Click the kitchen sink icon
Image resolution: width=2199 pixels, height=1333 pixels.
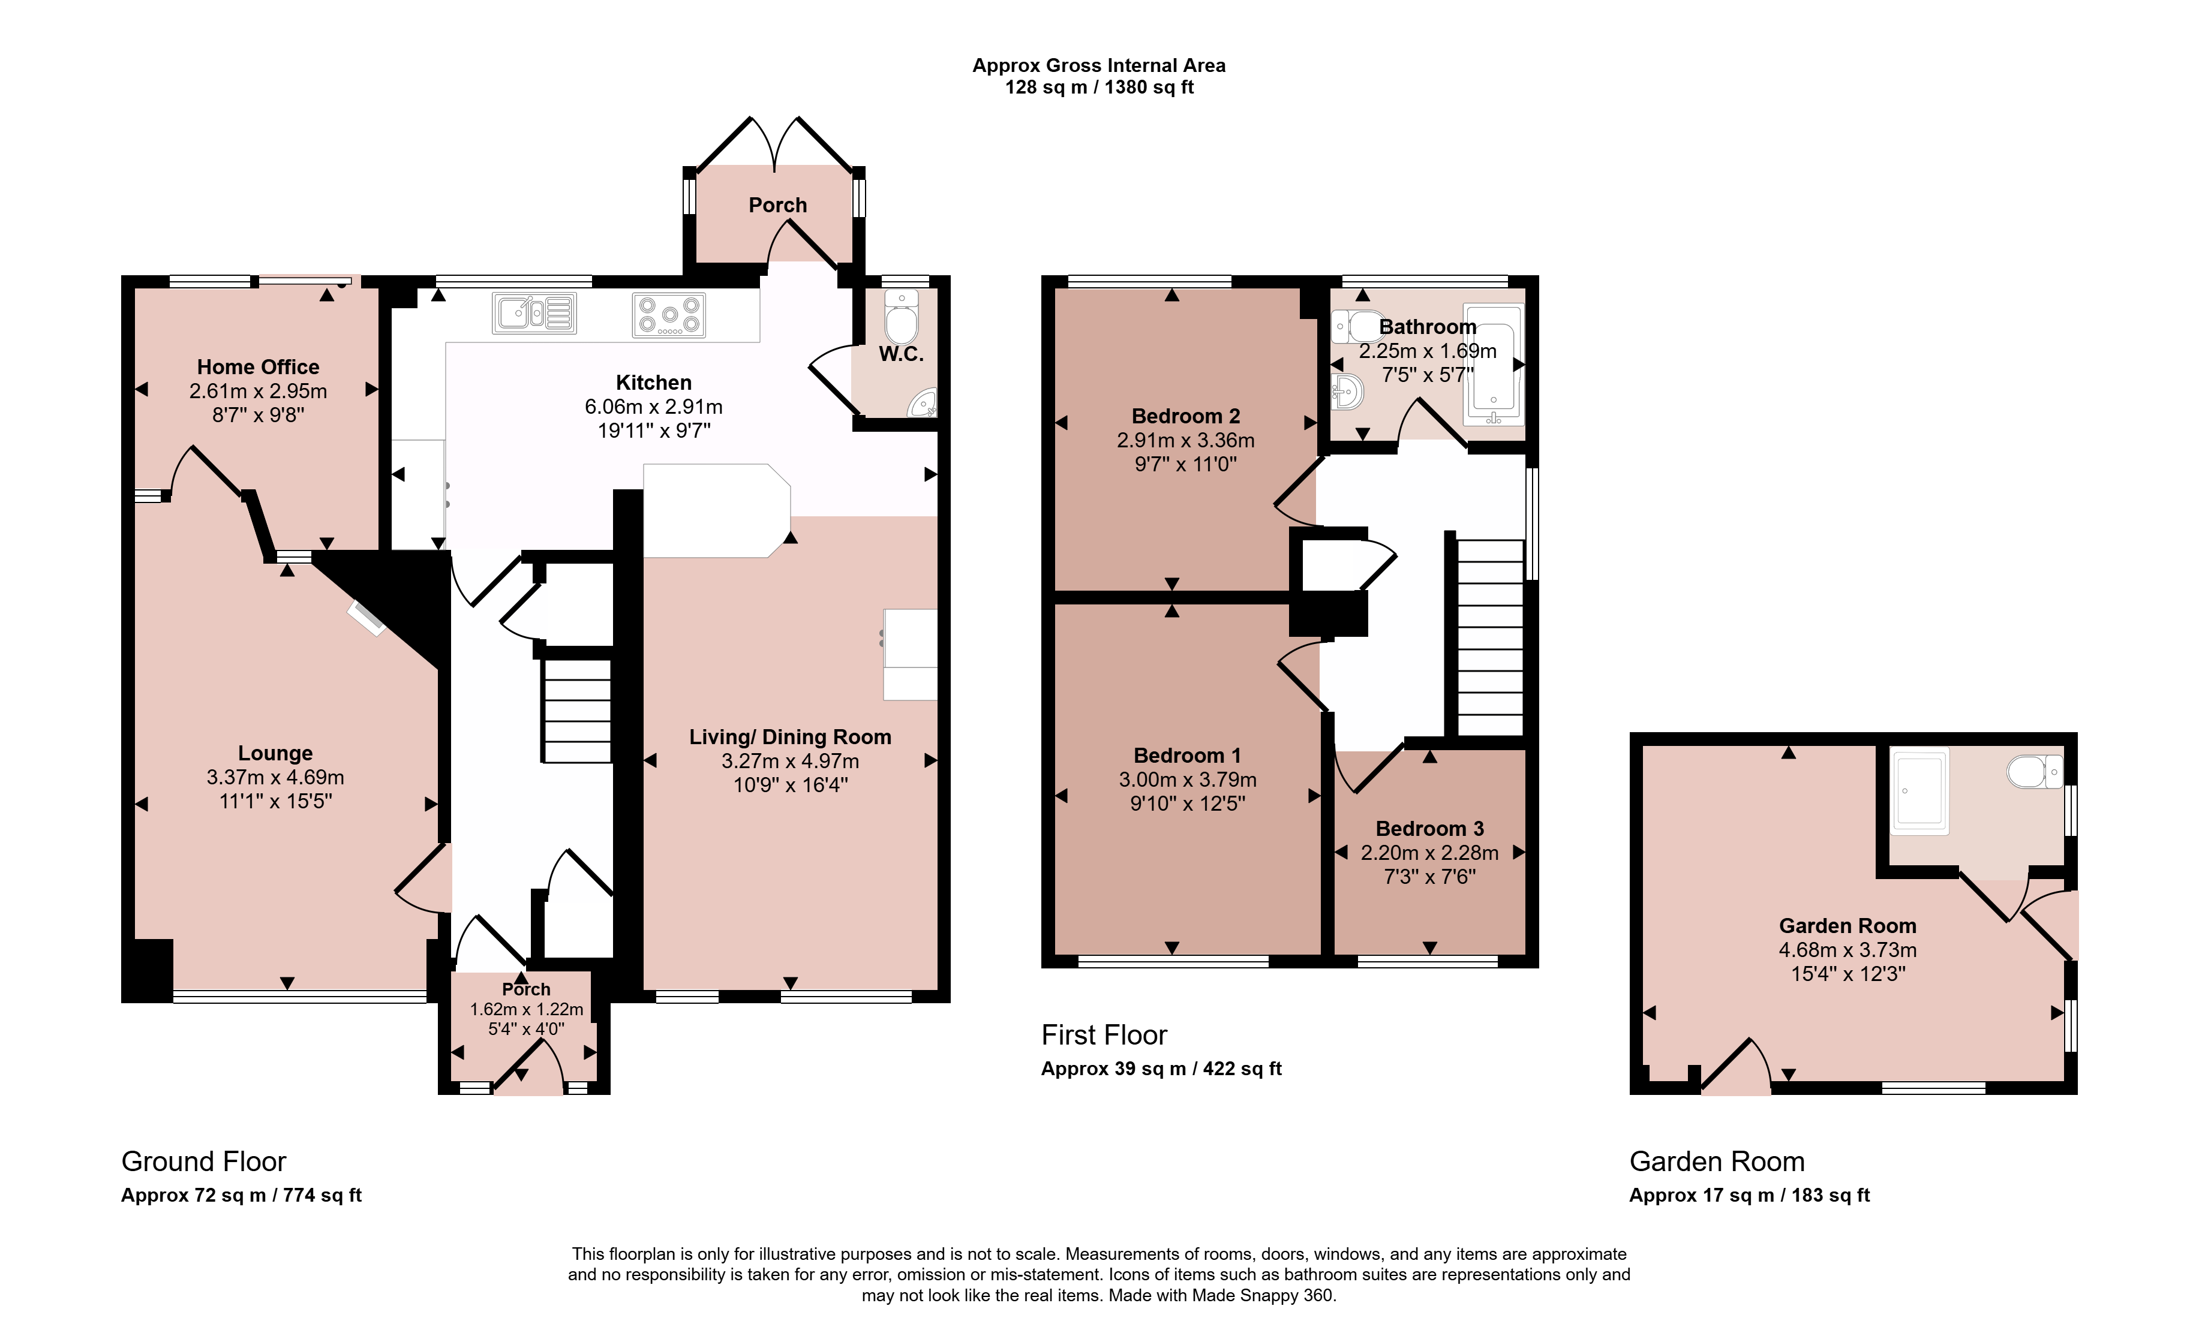click(x=534, y=313)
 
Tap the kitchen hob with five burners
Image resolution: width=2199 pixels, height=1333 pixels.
click(x=669, y=315)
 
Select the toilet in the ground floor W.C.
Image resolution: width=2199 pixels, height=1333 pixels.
click(x=902, y=316)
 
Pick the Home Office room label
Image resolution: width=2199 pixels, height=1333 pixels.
click(x=258, y=367)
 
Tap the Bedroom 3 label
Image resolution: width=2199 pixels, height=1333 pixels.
click(x=1429, y=829)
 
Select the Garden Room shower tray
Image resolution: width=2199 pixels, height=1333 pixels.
click(x=1919, y=790)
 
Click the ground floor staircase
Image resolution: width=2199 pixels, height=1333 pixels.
click(x=576, y=710)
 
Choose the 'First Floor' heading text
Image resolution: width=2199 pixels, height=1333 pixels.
click(x=1104, y=1035)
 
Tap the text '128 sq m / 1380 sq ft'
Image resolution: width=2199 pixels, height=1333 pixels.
click(x=1099, y=88)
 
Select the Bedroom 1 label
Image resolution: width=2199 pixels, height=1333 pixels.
click(x=1187, y=756)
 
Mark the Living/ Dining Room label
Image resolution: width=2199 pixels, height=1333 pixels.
click(x=790, y=737)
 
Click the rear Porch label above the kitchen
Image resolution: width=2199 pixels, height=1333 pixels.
click(x=777, y=205)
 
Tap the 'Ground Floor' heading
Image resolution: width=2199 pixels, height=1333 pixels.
click(x=203, y=1162)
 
